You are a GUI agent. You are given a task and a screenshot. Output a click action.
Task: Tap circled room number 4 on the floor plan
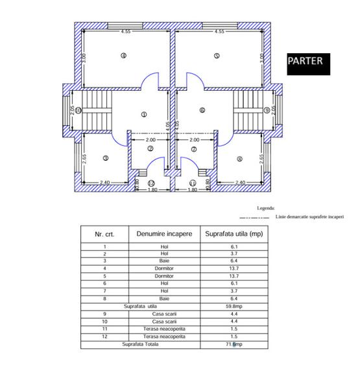pyautogui.click(x=123, y=56)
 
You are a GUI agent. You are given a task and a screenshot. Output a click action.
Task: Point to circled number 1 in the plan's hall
pyautogui.click(x=143, y=114)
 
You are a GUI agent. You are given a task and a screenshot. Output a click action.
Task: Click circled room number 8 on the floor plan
pyautogui.click(x=239, y=159)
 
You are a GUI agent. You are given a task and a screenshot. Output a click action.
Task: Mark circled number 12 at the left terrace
pyautogui.click(x=151, y=183)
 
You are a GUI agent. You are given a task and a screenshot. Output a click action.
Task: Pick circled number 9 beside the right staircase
pyautogui.click(x=267, y=110)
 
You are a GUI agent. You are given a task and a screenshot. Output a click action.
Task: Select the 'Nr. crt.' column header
pyautogui.click(x=104, y=234)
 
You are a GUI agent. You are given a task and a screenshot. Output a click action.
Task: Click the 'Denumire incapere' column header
pyautogui.click(x=164, y=233)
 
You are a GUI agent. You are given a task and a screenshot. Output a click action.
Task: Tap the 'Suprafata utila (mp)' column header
pyautogui.click(x=233, y=233)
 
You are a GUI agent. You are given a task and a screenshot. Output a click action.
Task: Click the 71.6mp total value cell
pyautogui.click(x=234, y=344)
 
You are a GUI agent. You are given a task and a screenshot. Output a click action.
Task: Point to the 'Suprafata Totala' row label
pyautogui.click(x=140, y=344)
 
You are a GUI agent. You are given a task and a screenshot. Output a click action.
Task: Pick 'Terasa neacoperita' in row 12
pyautogui.click(x=164, y=336)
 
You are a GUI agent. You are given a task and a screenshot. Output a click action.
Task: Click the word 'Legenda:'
pyautogui.click(x=266, y=209)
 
